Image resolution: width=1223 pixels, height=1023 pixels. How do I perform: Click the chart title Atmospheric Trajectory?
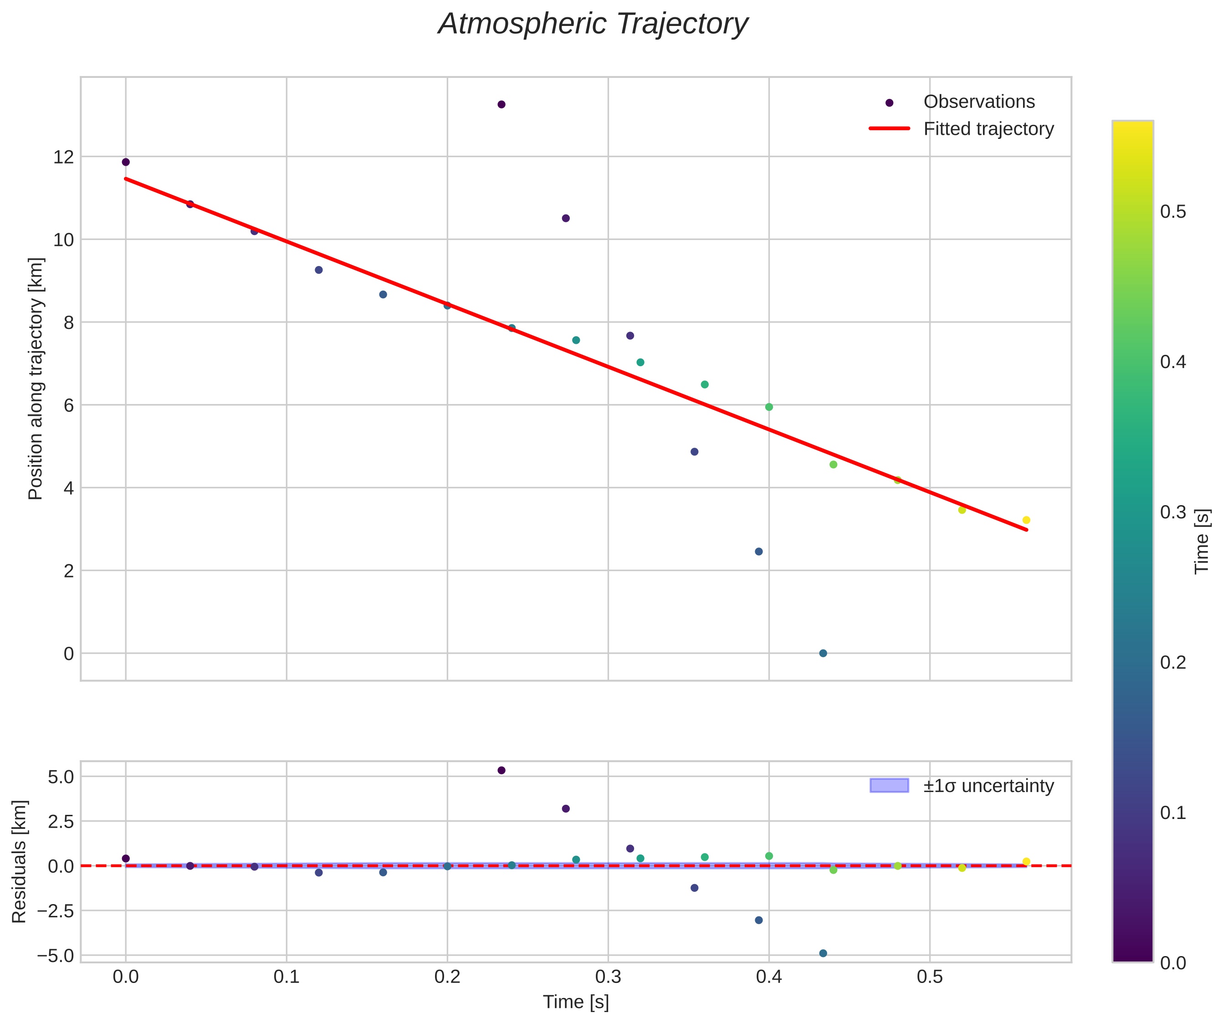[x=593, y=25]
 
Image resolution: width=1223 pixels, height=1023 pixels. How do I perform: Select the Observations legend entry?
[x=978, y=102]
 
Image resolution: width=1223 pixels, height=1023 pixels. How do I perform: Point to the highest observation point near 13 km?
[x=501, y=105]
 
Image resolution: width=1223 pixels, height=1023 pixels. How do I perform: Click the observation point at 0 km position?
[x=823, y=653]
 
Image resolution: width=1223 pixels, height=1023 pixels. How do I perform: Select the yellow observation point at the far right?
[x=1026, y=520]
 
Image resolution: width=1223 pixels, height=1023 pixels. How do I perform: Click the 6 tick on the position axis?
[x=69, y=405]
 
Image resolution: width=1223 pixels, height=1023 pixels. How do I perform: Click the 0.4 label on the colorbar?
[x=1173, y=362]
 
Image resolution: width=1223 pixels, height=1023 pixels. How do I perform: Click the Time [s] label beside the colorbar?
[x=1202, y=542]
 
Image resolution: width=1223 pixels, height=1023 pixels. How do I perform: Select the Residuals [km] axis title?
[x=20, y=862]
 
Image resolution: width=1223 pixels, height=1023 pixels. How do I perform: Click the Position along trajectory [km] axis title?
[x=36, y=379]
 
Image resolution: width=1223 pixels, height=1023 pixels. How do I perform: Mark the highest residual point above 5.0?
[x=501, y=770]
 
